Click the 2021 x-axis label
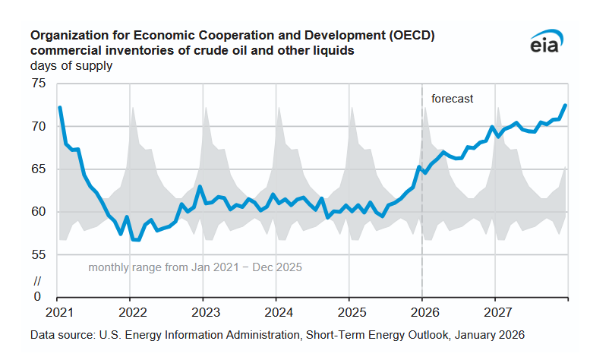[x=59, y=312]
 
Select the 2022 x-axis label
[x=132, y=312]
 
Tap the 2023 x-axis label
[x=205, y=312]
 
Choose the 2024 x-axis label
[x=278, y=312]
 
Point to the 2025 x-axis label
[x=351, y=312]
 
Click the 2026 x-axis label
[x=423, y=312]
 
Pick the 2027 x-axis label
[x=496, y=312]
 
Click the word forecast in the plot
[x=452, y=99]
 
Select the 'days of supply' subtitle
[x=71, y=66]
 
